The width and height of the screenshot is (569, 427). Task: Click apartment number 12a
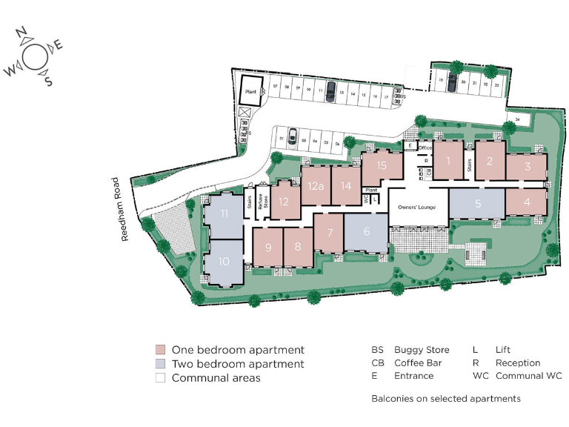[316, 186]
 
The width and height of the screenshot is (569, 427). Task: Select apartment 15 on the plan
[382, 165]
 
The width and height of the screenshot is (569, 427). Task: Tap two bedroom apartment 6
[366, 231]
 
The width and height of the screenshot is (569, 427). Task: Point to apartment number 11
[223, 214]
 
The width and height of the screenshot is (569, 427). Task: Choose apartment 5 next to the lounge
[478, 202]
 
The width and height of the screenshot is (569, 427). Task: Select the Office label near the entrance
[425, 148]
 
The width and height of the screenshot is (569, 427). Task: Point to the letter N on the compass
[22, 33]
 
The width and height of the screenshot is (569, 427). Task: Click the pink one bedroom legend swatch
[160, 350]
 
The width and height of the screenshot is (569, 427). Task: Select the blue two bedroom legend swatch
[160, 364]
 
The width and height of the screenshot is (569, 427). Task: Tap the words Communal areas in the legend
[216, 378]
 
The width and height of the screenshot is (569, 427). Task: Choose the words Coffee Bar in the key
[419, 363]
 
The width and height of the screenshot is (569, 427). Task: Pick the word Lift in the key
[503, 350]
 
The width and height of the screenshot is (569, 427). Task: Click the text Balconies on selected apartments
[445, 399]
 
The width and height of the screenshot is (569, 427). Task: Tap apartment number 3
[528, 167]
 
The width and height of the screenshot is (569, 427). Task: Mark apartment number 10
[224, 261]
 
